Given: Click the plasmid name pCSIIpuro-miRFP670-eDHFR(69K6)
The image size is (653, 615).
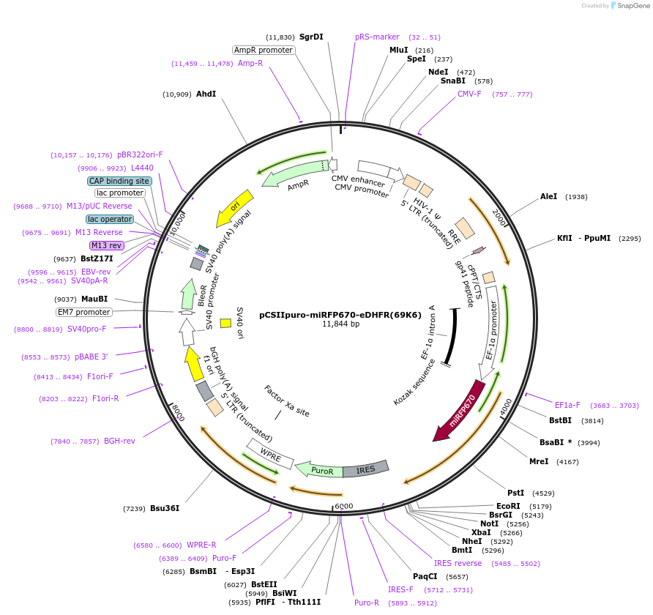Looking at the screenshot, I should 340,315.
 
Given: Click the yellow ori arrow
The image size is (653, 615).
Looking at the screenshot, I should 236,208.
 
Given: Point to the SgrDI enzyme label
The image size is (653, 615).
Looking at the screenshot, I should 311,37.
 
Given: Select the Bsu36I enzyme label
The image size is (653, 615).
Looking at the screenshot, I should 165,508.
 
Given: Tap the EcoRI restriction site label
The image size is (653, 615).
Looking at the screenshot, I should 508,506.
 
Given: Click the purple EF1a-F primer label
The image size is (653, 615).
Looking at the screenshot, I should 567,405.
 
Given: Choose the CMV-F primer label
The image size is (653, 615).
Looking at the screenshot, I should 469,94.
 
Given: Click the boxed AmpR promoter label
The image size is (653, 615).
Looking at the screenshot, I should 264,50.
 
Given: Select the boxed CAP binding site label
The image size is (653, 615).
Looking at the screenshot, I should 119,181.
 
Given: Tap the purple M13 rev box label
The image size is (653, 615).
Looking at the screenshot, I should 106,245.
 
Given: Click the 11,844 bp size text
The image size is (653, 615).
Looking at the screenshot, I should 340,324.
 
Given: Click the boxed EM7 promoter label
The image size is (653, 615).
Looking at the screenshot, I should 84,312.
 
